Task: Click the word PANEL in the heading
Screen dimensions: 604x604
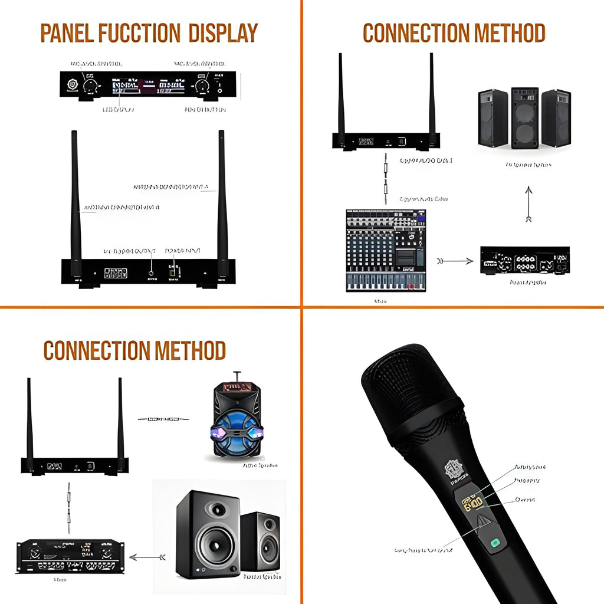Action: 64,33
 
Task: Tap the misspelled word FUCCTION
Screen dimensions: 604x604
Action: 139,33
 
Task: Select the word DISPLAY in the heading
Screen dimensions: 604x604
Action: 223,33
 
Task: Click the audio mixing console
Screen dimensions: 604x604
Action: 385,250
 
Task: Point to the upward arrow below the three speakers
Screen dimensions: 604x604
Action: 528,204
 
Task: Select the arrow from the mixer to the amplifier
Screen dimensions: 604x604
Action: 455,260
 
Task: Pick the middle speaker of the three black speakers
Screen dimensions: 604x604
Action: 524,118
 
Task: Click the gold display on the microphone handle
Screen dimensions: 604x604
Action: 473,503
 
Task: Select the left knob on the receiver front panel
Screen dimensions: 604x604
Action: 90,86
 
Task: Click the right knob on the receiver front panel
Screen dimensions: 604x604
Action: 202,86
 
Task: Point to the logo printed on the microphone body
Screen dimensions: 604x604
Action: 455,471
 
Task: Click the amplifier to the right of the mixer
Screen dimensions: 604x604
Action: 524,261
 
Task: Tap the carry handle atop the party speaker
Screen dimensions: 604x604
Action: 237,376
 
